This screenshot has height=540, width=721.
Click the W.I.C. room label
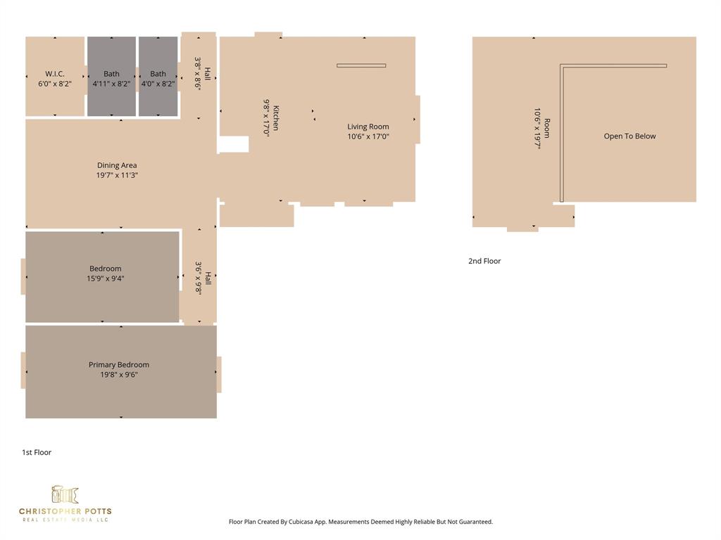tap(55, 74)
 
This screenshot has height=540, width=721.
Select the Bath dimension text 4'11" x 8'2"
tap(111, 84)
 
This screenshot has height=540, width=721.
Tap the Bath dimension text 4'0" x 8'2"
tap(158, 84)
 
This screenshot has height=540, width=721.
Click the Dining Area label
tap(117, 165)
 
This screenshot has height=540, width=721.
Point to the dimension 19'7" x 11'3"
tap(117, 175)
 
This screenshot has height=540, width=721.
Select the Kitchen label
tap(276, 117)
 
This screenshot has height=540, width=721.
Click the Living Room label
tap(368, 127)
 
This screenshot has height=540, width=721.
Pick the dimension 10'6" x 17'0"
tap(368, 136)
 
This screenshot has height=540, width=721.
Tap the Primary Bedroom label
tap(119, 364)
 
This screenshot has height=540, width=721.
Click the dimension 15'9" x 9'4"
tap(106, 278)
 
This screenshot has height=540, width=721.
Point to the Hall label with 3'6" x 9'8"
tap(207, 278)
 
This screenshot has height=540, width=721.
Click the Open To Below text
tap(629, 136)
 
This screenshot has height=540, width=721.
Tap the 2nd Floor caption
tap(484, 261)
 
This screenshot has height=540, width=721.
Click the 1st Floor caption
tap(37, 452)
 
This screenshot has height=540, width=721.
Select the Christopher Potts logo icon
tap(65, 494)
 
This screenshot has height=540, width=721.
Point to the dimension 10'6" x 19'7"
tap(537, 129)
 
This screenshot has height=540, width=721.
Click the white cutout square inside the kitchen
tap(233, 144)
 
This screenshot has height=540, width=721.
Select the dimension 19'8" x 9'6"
tap(119, 375)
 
